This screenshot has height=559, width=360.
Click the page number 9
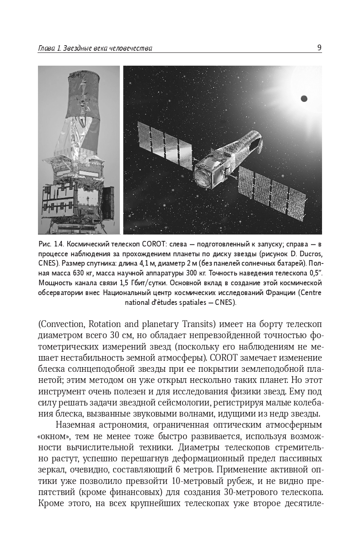[319, 48]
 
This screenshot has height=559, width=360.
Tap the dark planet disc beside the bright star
[304, 98]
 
